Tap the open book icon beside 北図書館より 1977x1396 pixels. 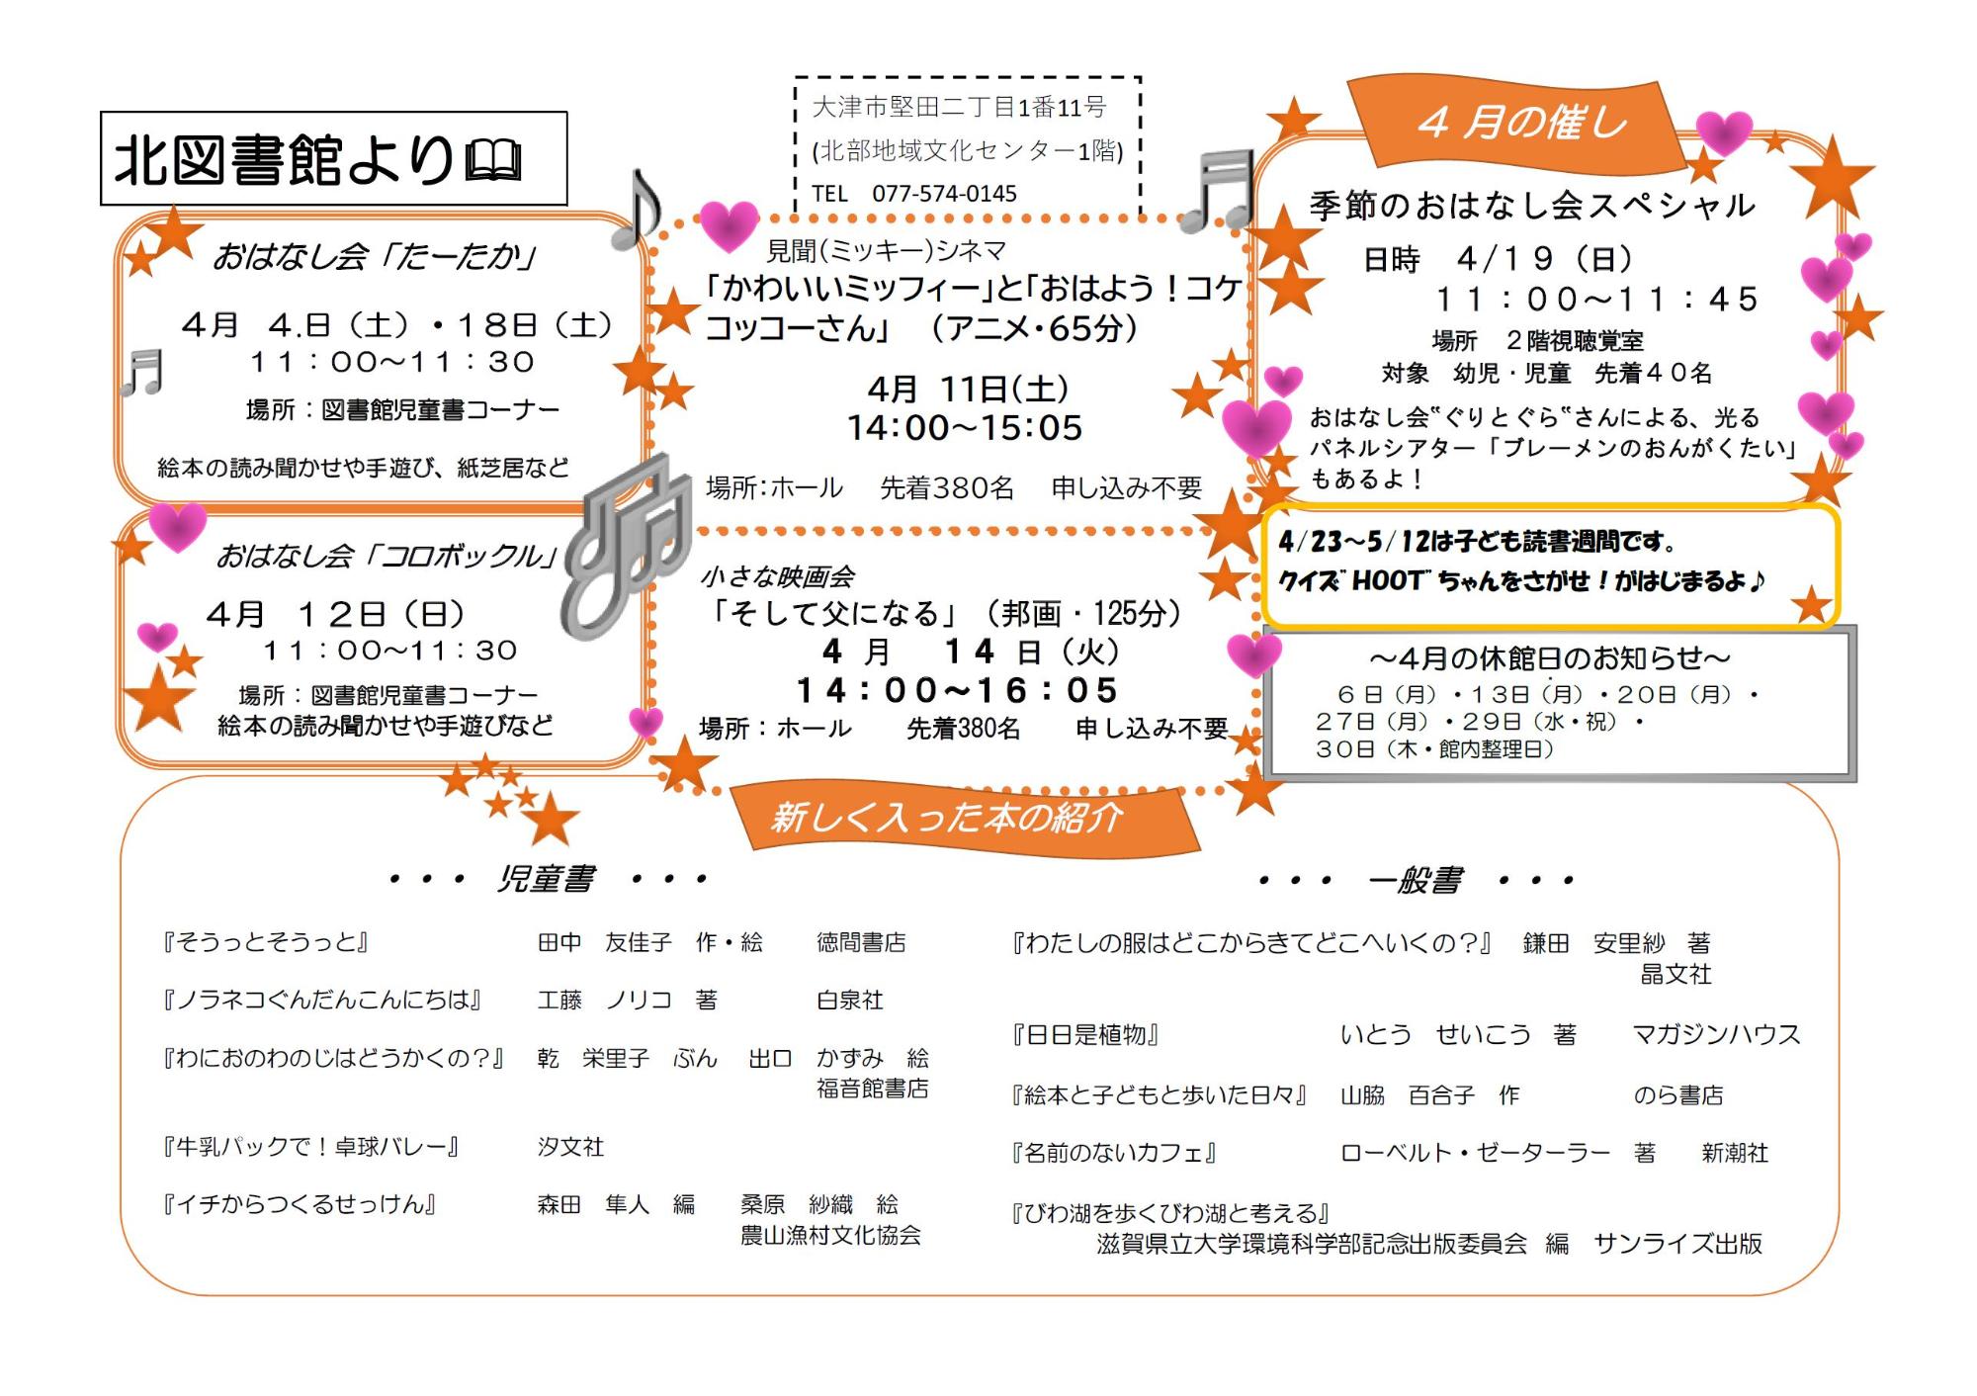[493, 161]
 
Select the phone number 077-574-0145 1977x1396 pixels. [943, 194]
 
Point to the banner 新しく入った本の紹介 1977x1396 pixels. [947, 818]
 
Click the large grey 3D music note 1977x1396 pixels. [626, 545]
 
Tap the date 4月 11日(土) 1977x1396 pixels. [968, 389]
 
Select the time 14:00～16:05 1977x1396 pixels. [957, 690]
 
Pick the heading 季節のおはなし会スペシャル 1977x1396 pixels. [1531, 206]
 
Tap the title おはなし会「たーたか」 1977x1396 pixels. [375, 258]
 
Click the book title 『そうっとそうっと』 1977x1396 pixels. [265, 942]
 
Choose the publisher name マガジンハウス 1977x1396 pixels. [1716, 1035]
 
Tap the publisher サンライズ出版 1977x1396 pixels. [1677, 1244]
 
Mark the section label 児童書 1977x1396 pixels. [546, 879]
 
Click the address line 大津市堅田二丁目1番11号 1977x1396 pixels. [959, 107]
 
